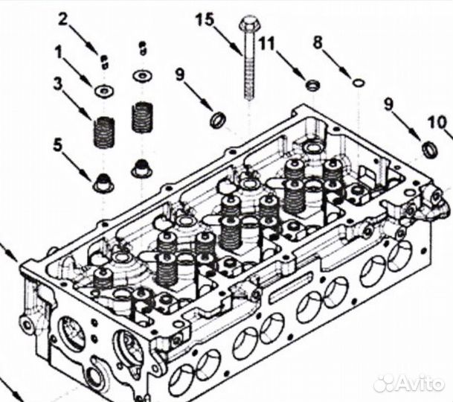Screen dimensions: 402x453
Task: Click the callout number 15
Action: (x=205, y=19)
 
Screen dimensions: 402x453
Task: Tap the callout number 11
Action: (x=266, y=42)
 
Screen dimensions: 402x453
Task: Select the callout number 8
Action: (x=318, y=43)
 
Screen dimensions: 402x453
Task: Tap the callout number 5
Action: (x=57, y=144)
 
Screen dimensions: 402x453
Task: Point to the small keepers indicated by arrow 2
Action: (x=104, y=59)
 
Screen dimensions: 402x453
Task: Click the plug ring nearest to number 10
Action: (x=430, y=149)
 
